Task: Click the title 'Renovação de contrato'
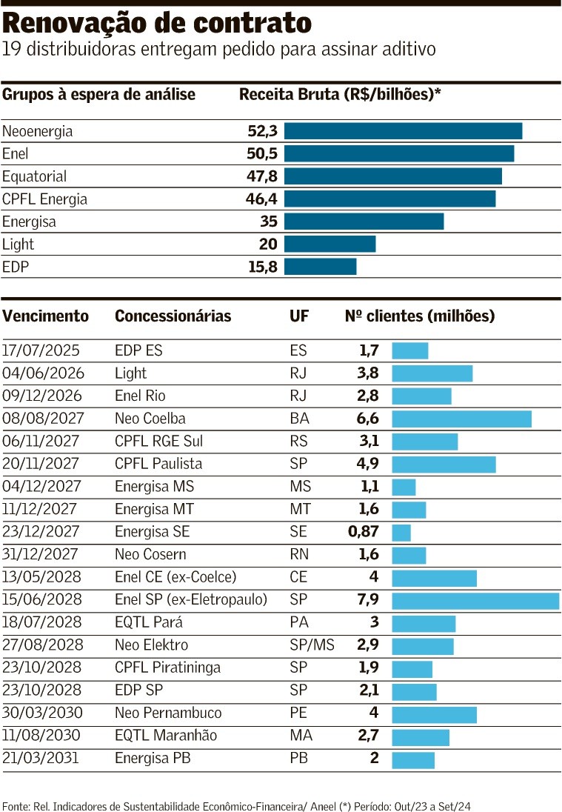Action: point(157,24)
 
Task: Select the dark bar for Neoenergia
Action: point(403,131)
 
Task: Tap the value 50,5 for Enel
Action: point(262,154)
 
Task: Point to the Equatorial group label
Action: point(34,176)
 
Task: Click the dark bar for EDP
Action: point(320,267)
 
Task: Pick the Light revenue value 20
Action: point(268,244)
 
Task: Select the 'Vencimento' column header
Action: point(45,316)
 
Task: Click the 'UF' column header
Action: point(299,316)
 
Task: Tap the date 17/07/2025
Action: point(41,350)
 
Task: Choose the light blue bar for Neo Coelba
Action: point(461,419)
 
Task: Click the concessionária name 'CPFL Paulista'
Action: point(158,464)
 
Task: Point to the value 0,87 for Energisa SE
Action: point(364,532)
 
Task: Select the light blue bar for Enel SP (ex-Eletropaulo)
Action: point(475,600)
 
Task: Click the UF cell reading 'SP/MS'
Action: point(312,645)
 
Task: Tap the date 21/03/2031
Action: point(41,758)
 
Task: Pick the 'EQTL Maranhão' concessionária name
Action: point(166,736)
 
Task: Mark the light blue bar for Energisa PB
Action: point(413,760)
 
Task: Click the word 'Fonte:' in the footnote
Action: point(16,805)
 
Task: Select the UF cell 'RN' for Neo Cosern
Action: point(299,555)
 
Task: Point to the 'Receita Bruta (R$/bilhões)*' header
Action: point(340,94)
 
